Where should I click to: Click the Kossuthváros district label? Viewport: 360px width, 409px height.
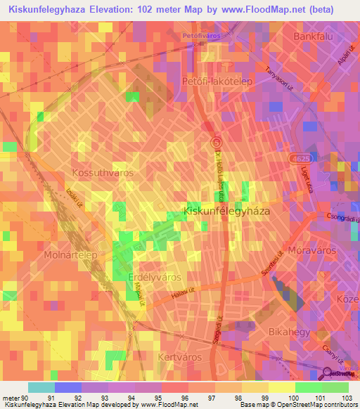coord(103,171)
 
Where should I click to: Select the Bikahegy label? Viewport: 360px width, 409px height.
coord(288,330)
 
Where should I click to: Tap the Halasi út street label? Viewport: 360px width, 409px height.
coord(181,301)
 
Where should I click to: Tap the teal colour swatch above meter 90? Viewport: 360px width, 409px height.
coord(41,387)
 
